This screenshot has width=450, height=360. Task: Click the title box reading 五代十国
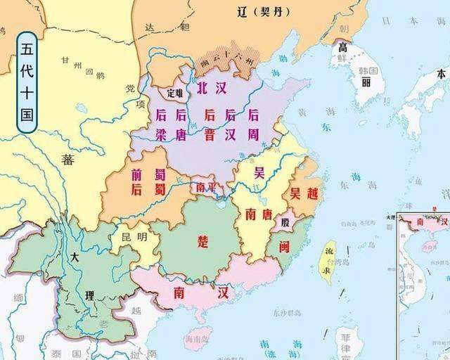27,82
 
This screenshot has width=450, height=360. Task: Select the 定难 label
173,92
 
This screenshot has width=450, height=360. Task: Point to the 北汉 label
211,88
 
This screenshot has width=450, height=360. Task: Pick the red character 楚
203,241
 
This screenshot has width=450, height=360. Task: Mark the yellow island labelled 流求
327,260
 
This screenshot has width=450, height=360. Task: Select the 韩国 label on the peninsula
368,72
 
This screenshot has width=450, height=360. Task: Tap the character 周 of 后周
253,134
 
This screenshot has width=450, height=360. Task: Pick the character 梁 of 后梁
160,134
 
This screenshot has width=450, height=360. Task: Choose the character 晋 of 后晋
210,134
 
